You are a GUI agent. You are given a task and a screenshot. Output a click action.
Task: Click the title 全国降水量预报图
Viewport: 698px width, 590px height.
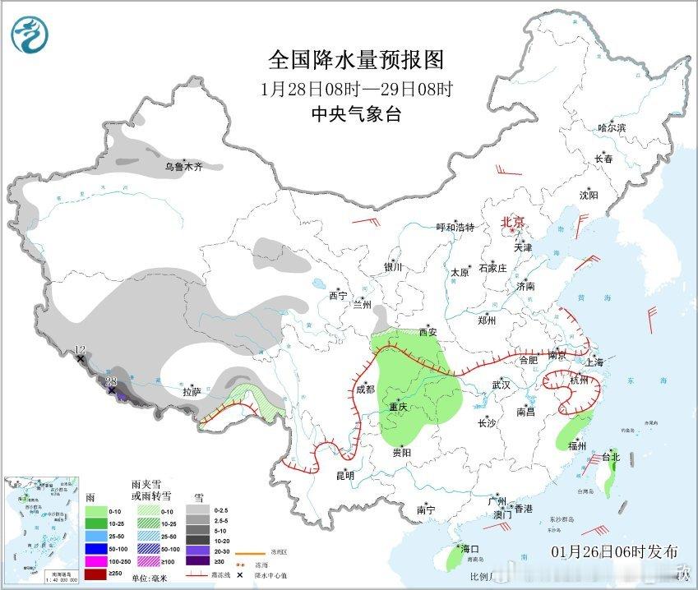(x=356, y=60)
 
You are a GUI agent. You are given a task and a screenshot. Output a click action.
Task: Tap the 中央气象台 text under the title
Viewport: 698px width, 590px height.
(x=356, y=115)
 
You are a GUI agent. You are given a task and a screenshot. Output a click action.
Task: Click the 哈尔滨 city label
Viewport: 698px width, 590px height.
(x=612, y=128)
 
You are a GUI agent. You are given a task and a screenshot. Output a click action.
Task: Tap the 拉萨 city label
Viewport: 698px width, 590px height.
(x=192, y=393)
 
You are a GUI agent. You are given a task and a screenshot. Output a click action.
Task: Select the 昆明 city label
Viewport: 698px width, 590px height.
(x=344, y=475)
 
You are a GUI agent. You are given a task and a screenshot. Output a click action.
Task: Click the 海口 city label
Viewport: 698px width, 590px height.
(x=470, y=549)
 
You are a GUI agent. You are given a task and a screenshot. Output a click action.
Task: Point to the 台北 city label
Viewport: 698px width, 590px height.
(x=612, y=457)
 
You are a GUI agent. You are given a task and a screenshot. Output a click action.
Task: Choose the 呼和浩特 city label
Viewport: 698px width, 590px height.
(x=455, y=228)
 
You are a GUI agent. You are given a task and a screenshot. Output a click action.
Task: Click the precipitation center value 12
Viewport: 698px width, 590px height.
(x=80, y=351)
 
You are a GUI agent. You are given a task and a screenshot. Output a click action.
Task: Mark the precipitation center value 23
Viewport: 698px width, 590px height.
(x=112, y=380)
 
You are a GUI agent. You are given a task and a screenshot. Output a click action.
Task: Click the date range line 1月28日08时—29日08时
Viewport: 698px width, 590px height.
(x=356, y=89)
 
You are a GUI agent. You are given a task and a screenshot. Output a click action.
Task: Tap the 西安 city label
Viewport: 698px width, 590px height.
(x=428, y=333)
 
